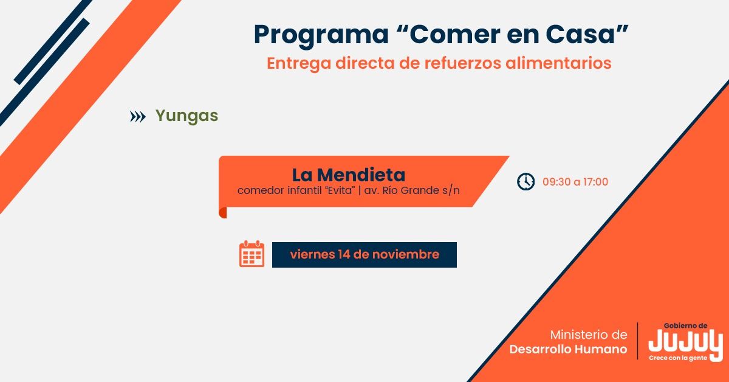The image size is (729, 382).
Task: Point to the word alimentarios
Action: click(558, 63)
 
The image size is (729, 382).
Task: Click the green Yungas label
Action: click(187, 116)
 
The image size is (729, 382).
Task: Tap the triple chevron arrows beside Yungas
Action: click(138, 116)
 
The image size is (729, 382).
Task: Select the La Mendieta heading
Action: click(349, 175)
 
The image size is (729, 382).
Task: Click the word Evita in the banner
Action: click(340, 190)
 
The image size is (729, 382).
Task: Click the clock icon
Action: click(525, 181)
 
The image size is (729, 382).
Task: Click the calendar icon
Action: click(252, 254)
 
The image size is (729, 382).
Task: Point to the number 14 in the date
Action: click(344, 254)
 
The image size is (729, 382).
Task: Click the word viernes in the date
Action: click(312, 254)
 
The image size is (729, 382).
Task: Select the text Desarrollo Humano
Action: click(568, 349)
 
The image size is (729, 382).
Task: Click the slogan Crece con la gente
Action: click(678, 358)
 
